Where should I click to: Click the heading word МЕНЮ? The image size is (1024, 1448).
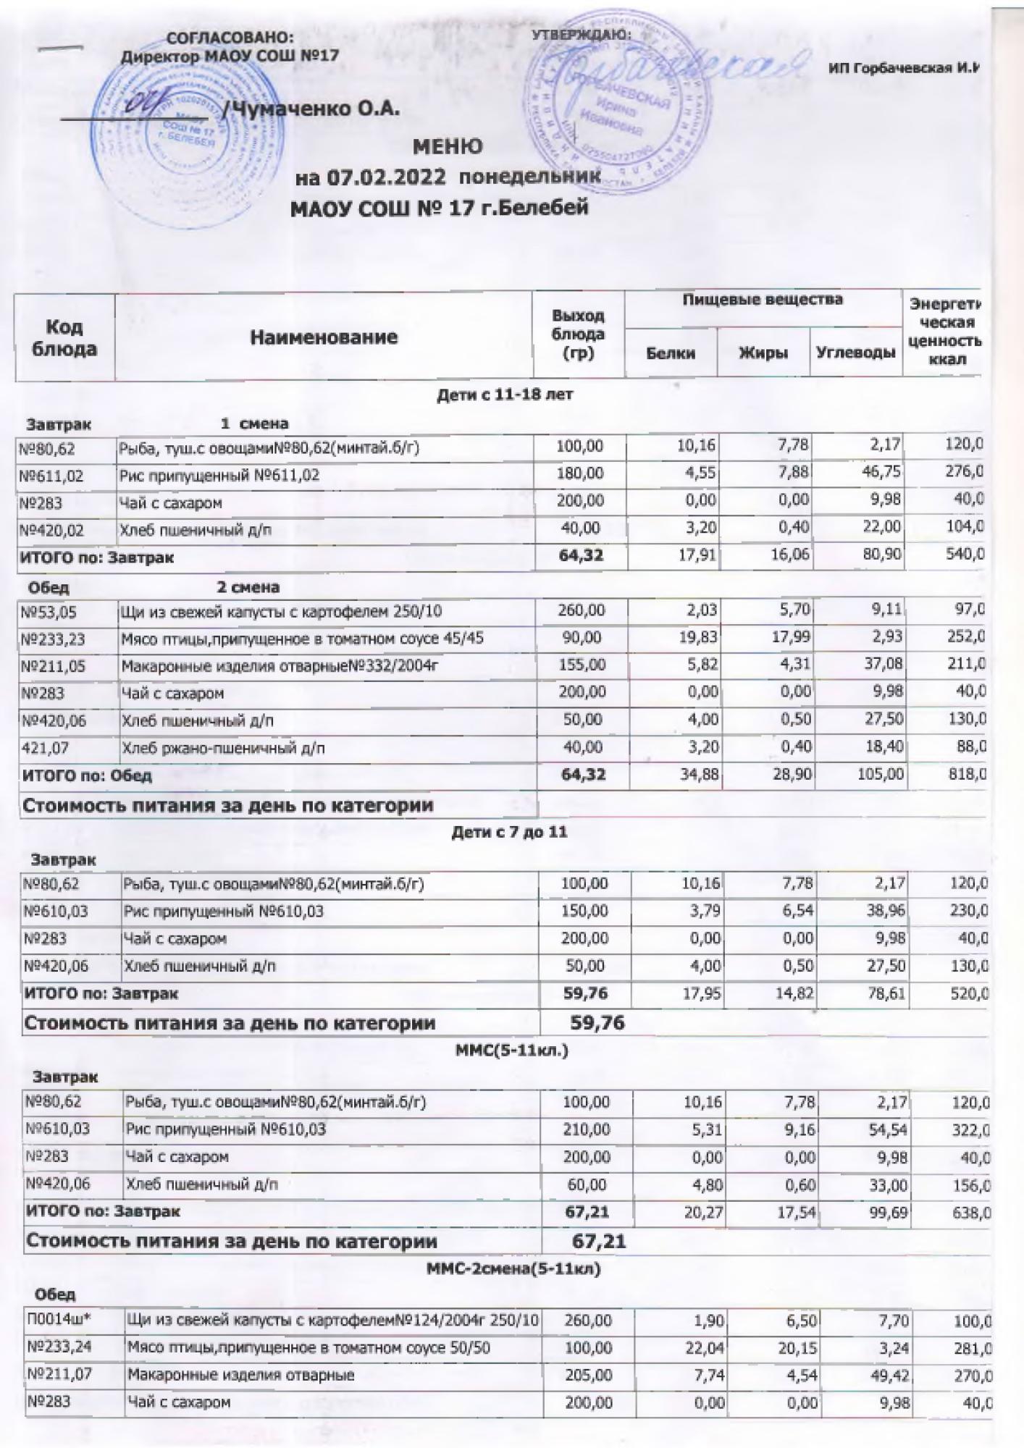448,147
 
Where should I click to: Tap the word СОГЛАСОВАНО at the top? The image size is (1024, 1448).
231,38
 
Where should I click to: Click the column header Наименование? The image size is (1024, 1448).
324,337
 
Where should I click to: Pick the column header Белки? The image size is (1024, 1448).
671,353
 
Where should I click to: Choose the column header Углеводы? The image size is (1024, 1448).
855,353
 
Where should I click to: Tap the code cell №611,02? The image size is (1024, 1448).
53,476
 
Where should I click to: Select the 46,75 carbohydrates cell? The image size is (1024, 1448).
881,474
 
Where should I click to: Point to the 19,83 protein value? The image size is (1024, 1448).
696,639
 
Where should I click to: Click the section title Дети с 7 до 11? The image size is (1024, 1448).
509,833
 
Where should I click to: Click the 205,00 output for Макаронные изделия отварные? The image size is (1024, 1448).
587,1375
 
